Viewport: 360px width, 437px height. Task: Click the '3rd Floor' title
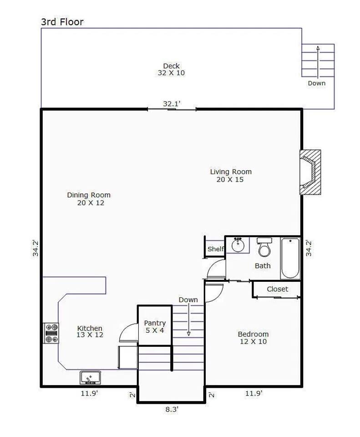coord(62,22)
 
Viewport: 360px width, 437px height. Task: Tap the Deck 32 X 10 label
coord(171,69)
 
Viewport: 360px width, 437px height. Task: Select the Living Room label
coord(231,175)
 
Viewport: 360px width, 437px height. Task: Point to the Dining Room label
coord(89,199)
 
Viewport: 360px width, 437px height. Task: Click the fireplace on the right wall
coord(310,172)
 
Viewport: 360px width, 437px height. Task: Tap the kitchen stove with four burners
coord(51,333)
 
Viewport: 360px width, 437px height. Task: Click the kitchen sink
coord(91,377)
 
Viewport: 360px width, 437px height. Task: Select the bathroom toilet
coord(264,247)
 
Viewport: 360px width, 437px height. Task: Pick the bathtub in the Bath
coord(290,258)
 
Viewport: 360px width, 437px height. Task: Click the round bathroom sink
coord(238,245)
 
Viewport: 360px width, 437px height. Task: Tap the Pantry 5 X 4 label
coord(155,327)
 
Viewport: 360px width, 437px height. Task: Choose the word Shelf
coord(216,249)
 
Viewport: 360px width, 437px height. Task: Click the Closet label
coord(277,289)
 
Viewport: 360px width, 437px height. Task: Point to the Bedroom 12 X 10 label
coord(254,337)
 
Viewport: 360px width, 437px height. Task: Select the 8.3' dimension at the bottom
coord(172,409)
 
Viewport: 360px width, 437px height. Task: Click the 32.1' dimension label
coord(172,104)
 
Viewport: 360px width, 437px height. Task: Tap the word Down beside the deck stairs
coord(316,83)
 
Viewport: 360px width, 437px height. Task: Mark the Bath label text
coord(263,265)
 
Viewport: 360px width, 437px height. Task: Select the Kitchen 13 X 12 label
coord(90,331)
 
